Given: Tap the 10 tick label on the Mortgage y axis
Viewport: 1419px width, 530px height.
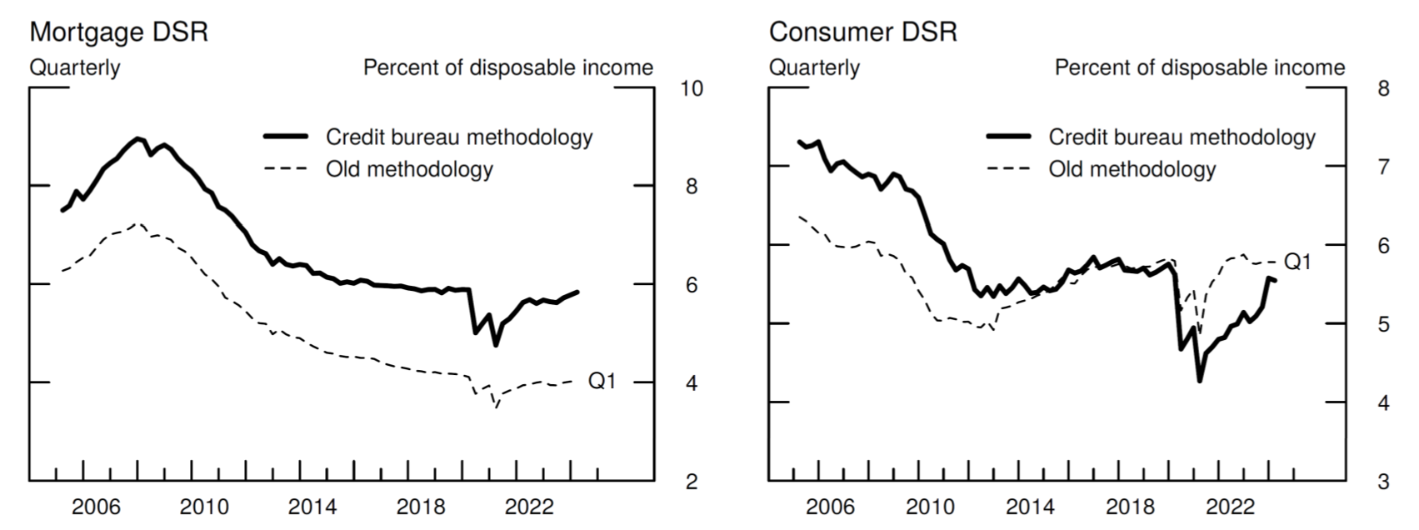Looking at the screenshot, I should (x=691, y=88).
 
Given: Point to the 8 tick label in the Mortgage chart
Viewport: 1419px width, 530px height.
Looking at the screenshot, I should (x=691, y=187).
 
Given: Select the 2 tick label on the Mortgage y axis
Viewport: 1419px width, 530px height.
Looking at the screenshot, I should (x=691, y=482).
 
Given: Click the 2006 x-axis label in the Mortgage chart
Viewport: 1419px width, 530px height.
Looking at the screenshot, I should (x=96, y=507).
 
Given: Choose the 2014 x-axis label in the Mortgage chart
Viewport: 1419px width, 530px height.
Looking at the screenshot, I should (x=312, y=507).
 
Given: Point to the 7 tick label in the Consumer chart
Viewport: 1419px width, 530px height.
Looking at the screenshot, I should (x=1384, y=167).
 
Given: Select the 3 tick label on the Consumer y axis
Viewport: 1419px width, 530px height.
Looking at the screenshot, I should (x=1384, y=482).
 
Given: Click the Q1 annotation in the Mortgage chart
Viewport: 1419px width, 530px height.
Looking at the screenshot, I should (x=602, y=381).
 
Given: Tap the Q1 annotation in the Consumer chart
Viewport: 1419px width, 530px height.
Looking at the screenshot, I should (x=1297, y=262).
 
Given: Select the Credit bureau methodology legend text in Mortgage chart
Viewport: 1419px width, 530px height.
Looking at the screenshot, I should (x=459, y=137).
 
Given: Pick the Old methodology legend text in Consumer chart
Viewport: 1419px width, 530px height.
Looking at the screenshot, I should (x=1132, y=169).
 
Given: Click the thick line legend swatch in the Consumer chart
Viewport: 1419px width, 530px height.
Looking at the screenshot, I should (x=1008, y=137).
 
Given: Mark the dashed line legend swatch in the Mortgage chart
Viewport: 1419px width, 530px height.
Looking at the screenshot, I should (x=286, y=169).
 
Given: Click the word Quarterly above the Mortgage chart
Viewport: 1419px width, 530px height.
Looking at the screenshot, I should (x=75, y=67).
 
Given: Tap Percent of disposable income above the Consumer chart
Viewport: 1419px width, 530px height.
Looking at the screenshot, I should (x=1200, y=67).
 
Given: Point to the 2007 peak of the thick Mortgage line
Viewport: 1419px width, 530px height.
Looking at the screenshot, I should (x=137, y=138).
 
